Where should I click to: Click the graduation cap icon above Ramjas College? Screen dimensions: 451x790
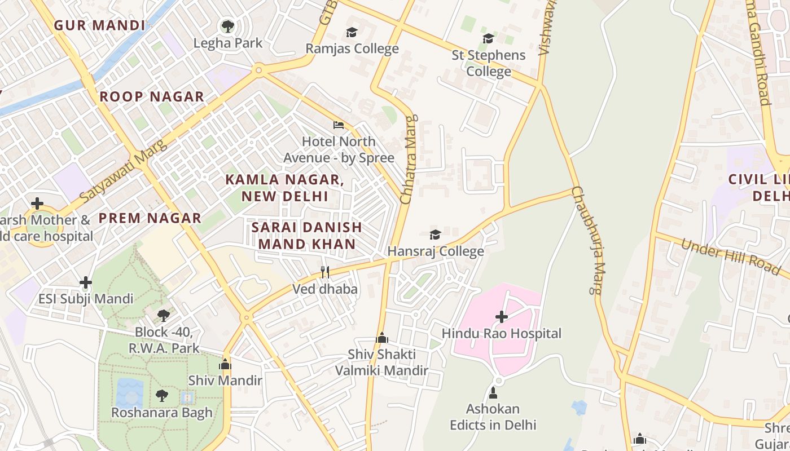click(352, 33)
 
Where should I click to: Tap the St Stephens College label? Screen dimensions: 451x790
click(489, 63)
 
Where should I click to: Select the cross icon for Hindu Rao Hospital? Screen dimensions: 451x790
click(501, 317)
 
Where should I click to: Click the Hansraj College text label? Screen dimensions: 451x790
click(436, 251)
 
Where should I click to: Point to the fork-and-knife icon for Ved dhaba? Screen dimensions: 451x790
click(324, 272)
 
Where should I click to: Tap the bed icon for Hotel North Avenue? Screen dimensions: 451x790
click(339, 125)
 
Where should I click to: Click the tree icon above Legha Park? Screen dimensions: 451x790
click(228, 26)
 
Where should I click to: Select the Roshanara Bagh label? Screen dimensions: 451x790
click(162, 413)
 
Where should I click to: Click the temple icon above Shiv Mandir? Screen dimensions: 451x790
click(225, 364)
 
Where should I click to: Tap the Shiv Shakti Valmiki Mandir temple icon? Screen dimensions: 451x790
click(382, 338)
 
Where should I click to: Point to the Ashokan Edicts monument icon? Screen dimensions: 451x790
click(493, 392)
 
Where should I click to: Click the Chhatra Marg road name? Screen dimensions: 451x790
click(408, 160)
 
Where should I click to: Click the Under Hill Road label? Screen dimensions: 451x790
click(731, 257)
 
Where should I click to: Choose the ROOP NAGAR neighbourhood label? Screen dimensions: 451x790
click(152, 97)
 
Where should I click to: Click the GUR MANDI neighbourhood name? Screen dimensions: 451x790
click(100, 25)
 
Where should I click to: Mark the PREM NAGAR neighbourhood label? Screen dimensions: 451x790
click(150, 218)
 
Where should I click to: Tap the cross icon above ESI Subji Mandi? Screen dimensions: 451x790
click(86, 282)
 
